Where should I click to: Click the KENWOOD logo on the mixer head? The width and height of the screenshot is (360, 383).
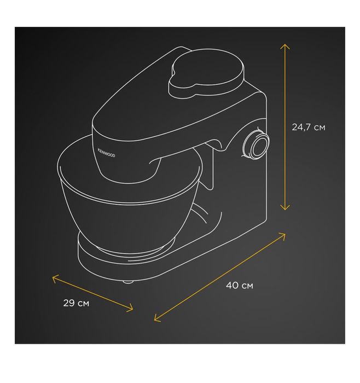click(106, 153)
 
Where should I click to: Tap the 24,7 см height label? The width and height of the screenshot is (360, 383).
click(309, 127)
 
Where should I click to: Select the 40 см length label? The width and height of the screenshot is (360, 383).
click(239, 285)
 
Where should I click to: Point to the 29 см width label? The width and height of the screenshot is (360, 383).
click(76, 303)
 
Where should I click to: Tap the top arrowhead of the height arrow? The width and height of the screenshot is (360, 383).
click(285, 47)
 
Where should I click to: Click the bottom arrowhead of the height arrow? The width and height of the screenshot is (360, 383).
click(285, 207)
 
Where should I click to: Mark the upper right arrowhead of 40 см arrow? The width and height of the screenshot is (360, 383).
click(282, 235)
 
